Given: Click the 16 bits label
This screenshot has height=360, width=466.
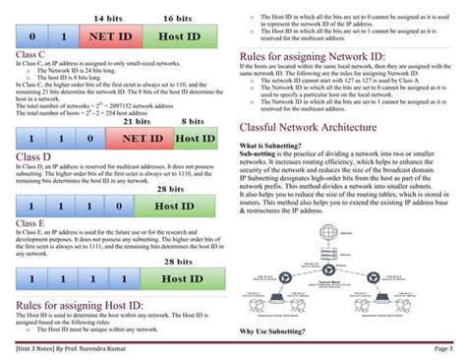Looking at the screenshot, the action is click(x=177, y=19).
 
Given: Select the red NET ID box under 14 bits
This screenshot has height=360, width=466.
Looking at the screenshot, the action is click(x=114, y=37).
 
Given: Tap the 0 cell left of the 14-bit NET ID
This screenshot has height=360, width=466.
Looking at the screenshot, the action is click(x=31, y=37).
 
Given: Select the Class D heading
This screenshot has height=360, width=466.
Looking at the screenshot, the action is click(x=32, y=155).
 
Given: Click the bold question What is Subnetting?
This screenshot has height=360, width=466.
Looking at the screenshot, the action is click(x=269, y=146).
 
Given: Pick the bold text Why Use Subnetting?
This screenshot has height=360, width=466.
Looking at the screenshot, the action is click(x=272, y=331).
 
